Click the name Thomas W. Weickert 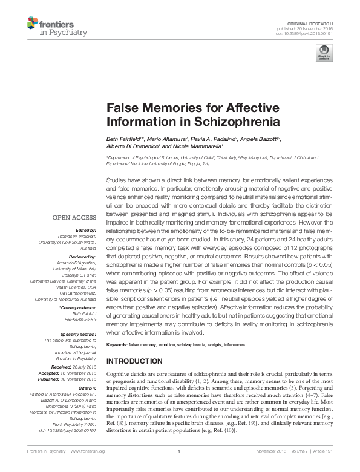pyautogui.click(x=77, y=235)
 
